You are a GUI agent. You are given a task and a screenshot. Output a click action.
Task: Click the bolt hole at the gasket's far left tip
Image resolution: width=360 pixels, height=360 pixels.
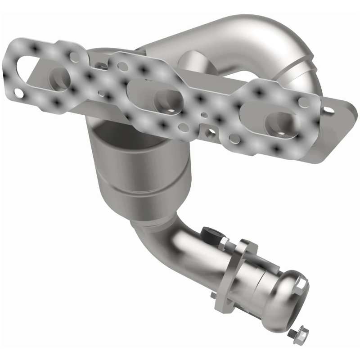(x=18, y=93)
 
